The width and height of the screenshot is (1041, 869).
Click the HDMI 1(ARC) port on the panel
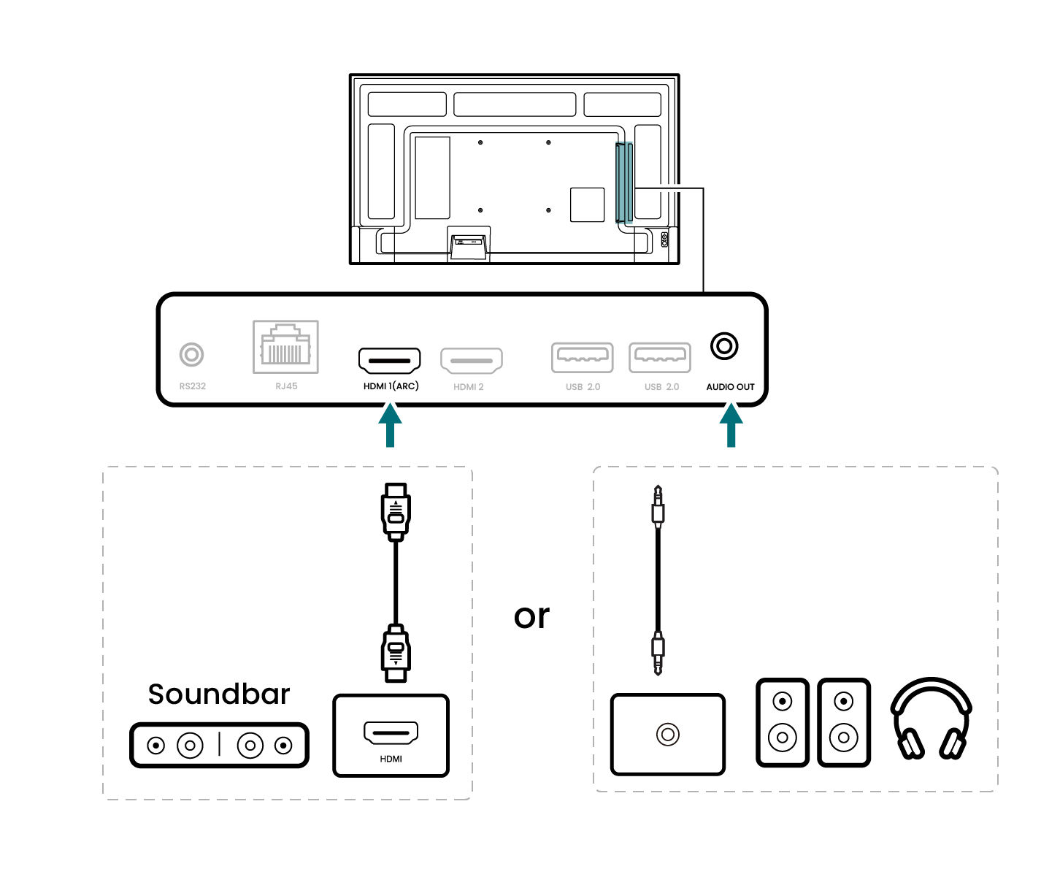tap(389, 360)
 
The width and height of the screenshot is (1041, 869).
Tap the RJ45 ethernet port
tap(285, 347)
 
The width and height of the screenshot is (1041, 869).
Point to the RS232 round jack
tap(192, 355)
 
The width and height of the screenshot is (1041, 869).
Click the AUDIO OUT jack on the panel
tap(724, 345)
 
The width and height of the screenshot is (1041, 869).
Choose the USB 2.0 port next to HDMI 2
tap(582, 357)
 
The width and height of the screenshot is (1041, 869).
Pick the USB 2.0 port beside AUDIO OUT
tap(660, 357)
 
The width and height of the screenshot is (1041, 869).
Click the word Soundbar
tap(218, 694)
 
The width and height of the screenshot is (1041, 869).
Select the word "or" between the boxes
tap(531, 616)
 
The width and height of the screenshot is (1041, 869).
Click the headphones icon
tap(931, 720)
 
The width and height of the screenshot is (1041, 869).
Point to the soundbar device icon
tap(219, 746)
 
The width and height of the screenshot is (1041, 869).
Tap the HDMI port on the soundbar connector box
tap(391, 732)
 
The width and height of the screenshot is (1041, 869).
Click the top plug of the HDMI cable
tap(396, 510)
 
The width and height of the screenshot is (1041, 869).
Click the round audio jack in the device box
tap(667, 734)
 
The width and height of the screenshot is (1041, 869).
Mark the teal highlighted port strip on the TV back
tap(623, 183)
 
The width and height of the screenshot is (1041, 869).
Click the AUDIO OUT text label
tap(730, 387)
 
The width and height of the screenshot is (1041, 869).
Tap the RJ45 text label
tap(286, 386)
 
